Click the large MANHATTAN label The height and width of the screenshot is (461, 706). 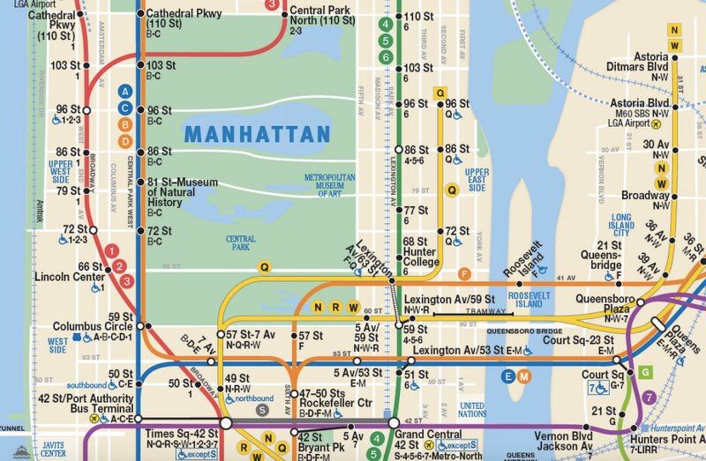pos(257,135)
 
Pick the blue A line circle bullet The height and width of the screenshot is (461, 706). pos(125,91)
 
